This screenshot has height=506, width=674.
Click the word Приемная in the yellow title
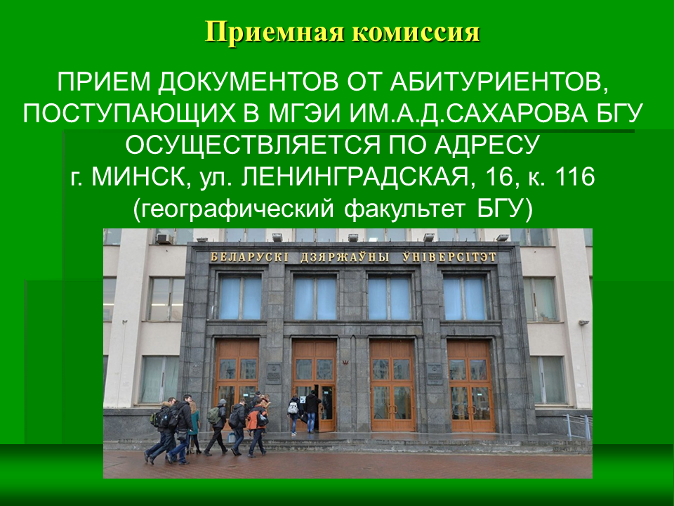click(275, 32)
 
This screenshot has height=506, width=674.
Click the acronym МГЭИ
click(305, 114)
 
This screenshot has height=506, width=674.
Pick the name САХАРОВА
click(514, 114)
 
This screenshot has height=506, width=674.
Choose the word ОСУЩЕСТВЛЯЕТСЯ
click(253, 145)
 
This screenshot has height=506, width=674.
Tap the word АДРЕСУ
click(487, 145)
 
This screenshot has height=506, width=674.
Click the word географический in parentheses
click(234, 209)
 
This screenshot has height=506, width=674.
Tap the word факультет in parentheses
click(405, 209)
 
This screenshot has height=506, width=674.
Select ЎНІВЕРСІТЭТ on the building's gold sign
click(449, 257)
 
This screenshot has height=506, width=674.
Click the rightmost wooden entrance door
click(470, 386)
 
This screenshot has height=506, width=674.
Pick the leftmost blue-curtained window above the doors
click(240, 297)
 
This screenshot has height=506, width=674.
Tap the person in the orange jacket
click(257, 427)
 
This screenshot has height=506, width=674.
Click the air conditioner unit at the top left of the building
click(164, 238)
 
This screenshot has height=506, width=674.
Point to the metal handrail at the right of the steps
click(578, 424)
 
